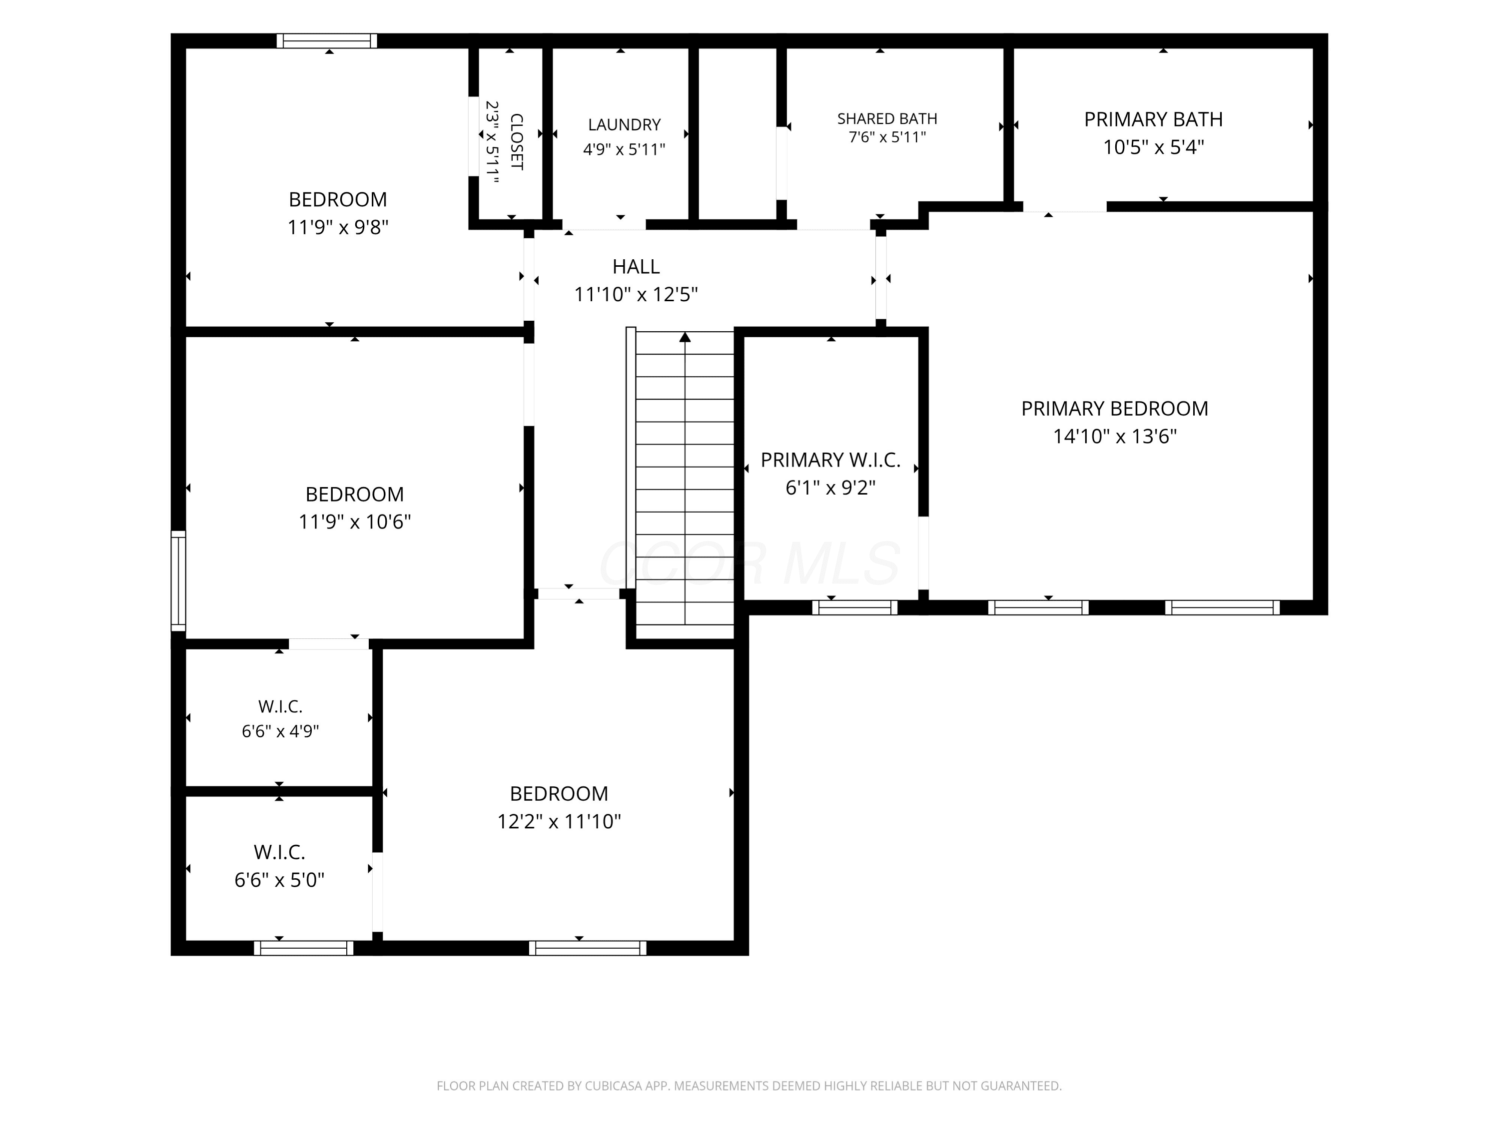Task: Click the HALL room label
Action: click(636, 266)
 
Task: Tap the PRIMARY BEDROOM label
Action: click(1115, 409)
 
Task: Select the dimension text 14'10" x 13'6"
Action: click(1115, 436)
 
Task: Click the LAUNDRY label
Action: click(624, 125)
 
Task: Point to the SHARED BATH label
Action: click(887, 118)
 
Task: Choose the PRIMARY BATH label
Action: click(1153, 119)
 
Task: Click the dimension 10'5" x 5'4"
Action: click(1153, 147)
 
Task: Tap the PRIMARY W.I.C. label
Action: click(831, 460)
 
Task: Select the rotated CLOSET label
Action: click(516, 142)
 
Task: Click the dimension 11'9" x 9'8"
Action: click(337, 227)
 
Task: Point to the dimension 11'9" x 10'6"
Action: click(354, 522)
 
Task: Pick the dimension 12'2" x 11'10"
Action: click(559, 821)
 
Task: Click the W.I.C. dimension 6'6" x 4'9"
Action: click(280, 732)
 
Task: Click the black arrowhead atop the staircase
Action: click(685, 337)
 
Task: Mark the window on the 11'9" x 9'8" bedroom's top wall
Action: click(327, 40)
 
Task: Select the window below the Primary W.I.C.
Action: click(854, 608)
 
